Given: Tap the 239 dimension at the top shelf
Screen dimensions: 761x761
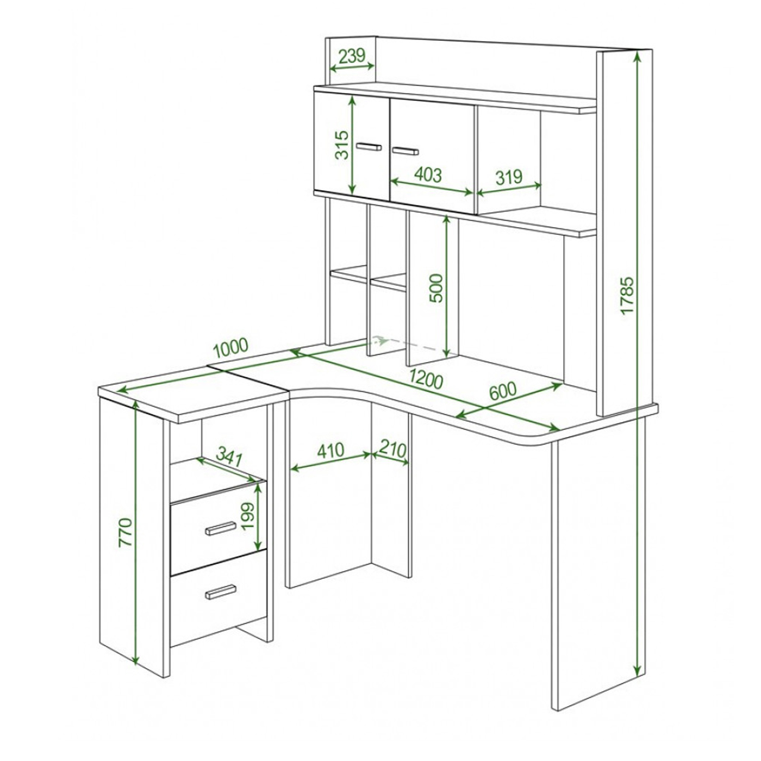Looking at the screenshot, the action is [352, 56].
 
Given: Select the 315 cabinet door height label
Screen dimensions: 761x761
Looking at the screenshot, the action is [342, 145].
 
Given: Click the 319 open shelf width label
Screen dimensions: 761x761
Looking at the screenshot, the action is [509, 177].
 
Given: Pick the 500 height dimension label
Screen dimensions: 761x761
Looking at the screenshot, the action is [437, 288].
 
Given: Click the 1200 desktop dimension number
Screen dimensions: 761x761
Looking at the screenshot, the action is [426, 380].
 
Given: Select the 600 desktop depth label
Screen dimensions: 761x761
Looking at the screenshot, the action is [503, 391].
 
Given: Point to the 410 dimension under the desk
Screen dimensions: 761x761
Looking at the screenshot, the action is [330, 450].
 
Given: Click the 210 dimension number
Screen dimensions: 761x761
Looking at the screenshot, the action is [393, 449].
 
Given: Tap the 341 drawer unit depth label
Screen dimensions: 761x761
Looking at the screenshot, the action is [229, 458].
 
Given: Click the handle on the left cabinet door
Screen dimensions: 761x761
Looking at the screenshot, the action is [369, 147].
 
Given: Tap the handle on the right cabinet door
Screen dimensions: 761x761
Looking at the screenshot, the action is [406, 151].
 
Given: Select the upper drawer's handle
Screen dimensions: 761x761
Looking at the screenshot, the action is [221, 528].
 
